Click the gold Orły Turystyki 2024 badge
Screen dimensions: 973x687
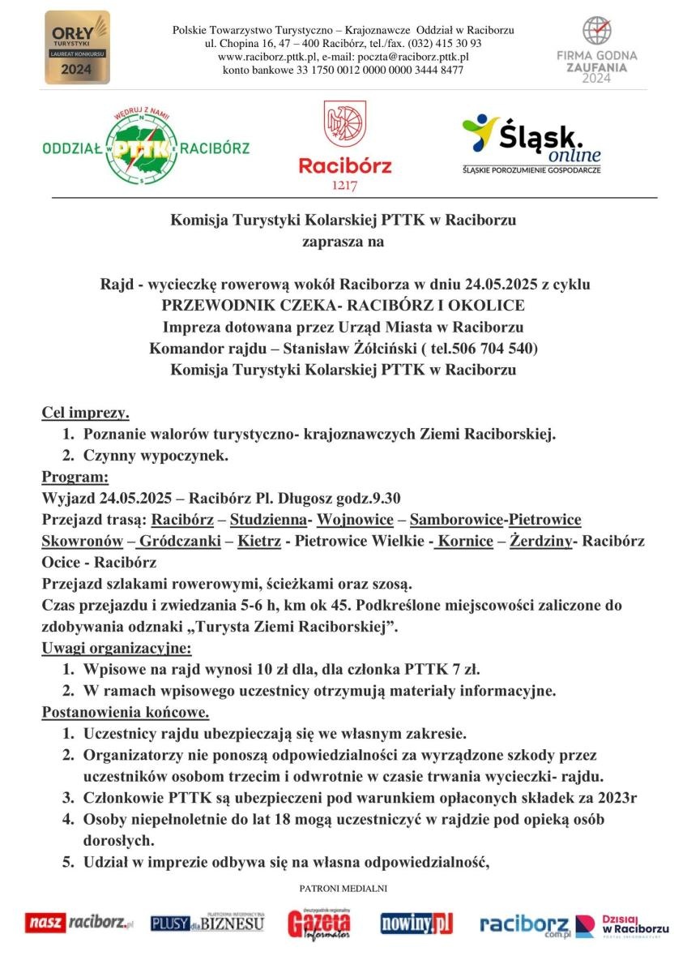(x=77, y=47)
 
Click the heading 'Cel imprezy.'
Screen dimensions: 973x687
(x=85, y=414)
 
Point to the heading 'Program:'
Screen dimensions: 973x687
(x=74, y=477)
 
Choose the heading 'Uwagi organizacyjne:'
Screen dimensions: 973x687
(x=116, y=649)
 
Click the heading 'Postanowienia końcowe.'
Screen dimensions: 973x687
(x=126, y=714)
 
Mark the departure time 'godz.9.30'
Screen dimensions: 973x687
(x=368, y=498)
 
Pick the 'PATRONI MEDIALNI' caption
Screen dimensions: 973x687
(x=343, y=889)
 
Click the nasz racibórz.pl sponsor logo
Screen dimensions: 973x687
(x=79, y=923)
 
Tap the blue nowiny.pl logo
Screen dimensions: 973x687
(x=416, y=924)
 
